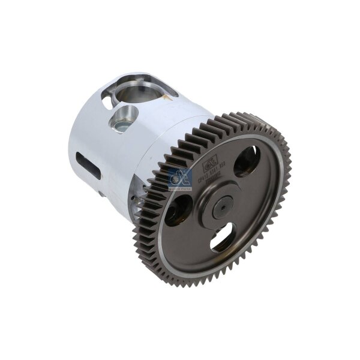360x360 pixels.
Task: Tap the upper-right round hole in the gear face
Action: click(247, 162)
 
